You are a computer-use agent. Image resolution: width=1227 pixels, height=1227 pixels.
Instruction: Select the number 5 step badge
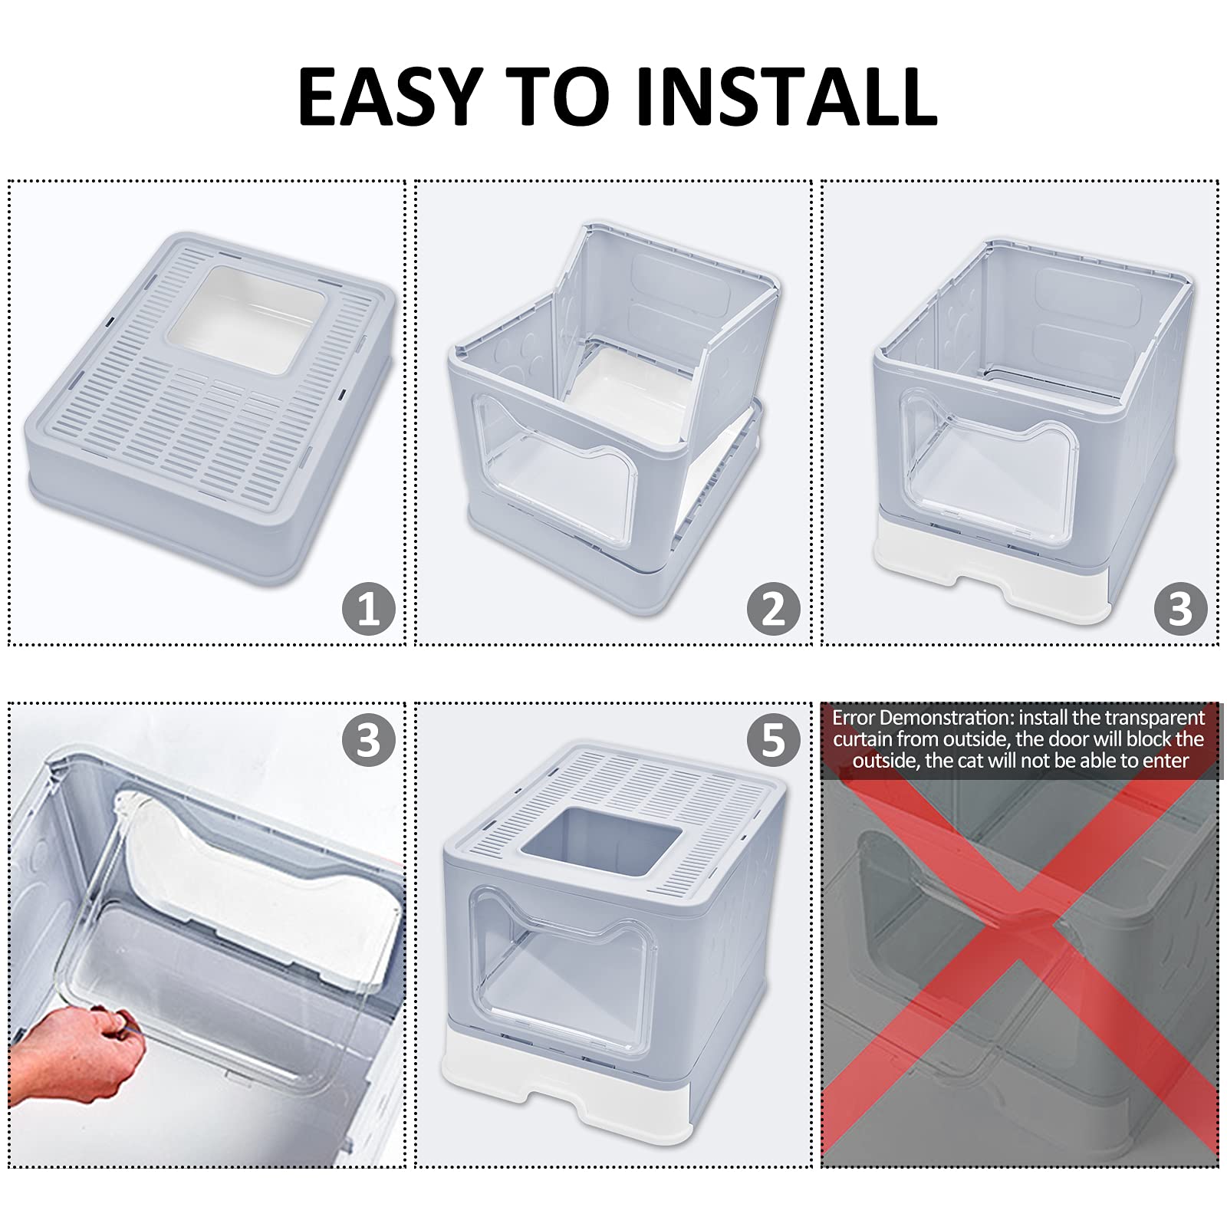[x=774, y=740]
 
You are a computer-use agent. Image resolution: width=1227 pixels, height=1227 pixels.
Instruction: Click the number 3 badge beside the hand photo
[x=368, y=740]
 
